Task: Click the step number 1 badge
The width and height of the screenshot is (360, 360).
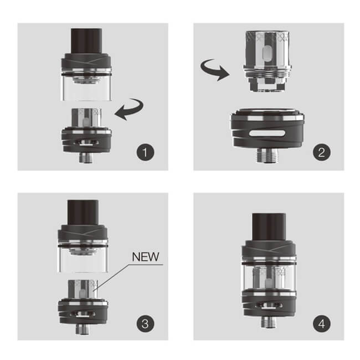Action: [x=145, y=152]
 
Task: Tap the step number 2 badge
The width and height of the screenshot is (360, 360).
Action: [x=322, y=152]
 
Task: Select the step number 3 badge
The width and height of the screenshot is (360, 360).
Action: [x=145, y=323]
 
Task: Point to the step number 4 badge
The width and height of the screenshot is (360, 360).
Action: [x=322, y=323]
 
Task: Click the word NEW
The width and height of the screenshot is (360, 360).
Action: [x=146, y=257]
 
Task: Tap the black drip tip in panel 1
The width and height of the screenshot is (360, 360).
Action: [x=86, y=41]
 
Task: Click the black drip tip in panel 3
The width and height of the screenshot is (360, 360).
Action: [x=83, y=212]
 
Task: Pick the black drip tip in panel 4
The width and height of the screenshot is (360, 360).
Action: [x=269, y=227]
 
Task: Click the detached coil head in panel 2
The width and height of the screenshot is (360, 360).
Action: [x=268, y=61]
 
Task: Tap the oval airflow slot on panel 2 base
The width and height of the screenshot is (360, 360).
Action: [x=268, y=133]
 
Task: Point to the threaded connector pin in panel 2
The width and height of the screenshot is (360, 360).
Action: [x=268, y=156]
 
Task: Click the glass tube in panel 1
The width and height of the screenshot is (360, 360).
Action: [x=86, y=88]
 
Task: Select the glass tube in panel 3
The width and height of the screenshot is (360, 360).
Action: [x=83, y=259]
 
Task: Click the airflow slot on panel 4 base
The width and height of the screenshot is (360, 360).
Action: [x=269, y=306]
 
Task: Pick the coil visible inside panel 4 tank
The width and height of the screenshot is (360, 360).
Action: [x=269, y=278]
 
